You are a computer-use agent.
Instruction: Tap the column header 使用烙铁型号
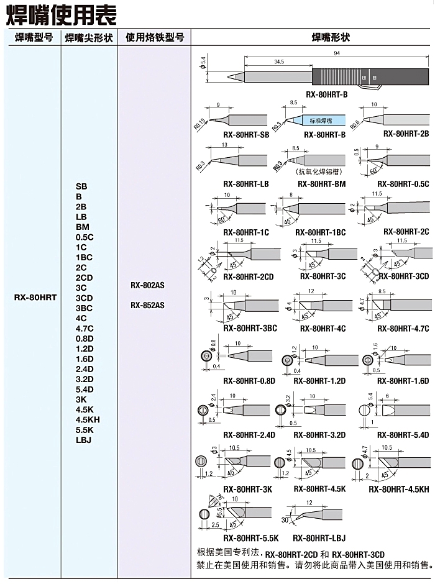[x=155, y=37]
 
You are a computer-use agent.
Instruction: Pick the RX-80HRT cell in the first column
[x=35, y=298]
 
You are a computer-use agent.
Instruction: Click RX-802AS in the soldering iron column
[x=147, y=286]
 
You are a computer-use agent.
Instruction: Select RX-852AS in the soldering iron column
[x=147, y=305]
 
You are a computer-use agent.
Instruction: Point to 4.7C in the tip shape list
[x=85, y=328]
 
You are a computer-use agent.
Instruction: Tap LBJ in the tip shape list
[x=83, y=440]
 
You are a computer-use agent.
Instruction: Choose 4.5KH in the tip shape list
[x=87, y=419]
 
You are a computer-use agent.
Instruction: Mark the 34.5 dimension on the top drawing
[x=278, y=62]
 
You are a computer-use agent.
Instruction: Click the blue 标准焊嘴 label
[x=321, y=119]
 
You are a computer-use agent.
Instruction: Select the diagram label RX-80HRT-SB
[x=246, y=134]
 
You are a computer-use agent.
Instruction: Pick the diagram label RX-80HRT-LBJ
[x=319, y=538]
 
